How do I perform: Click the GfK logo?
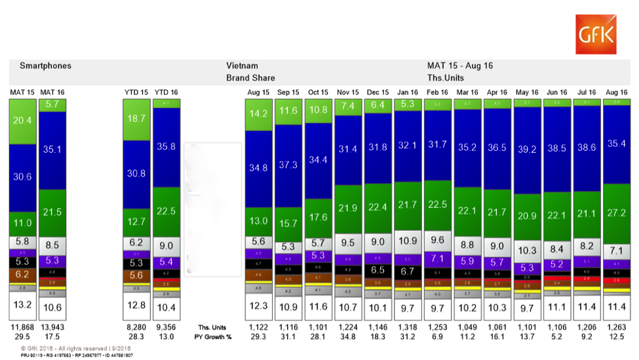(x=595, y=34)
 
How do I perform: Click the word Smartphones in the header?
(x=45, y=66)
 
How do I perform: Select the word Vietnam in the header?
(x=242, y=66)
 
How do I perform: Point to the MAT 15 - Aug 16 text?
(x=459, y=66)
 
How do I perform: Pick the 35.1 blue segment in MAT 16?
(x=52, y=149)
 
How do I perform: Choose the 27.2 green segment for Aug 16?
(x=616, y=212)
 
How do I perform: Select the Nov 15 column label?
(x=347, y=92)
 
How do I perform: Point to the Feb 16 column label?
(x=437, y=92)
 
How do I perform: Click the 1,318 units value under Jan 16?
(x=407, y=327)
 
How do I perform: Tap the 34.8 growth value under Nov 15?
(x=347, y=336)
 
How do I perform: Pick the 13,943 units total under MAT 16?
(x=52, y=327)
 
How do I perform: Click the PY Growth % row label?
(x=212, y=336)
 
